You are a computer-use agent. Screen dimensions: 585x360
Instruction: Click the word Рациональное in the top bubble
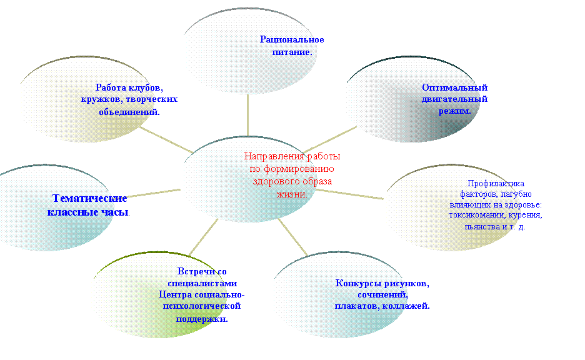(x=292, y=39)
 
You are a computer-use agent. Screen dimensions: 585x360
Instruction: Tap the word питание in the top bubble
(x=291, y=52)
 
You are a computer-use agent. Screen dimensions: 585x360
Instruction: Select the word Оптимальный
(x=455, y=87)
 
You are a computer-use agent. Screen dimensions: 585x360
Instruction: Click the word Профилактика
(x=496, y=183)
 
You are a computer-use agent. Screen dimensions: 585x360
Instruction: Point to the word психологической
(x=202, y=306)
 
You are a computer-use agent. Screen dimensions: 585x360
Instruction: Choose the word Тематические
(x=89, y=198)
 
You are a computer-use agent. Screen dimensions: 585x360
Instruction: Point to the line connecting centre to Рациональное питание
(x=247, y=115)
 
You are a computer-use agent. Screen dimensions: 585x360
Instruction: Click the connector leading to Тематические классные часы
(x=153, y=193)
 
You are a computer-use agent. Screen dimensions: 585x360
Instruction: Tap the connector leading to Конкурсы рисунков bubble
(x=292, y=237)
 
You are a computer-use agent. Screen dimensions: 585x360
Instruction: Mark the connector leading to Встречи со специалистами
(x=204, y=237)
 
